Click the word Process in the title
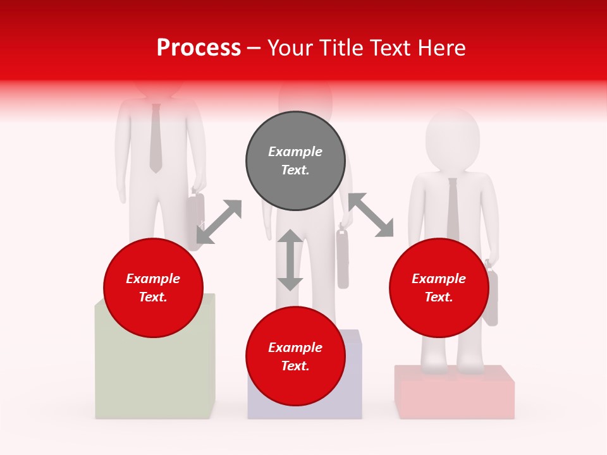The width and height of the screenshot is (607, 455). coord(199,48)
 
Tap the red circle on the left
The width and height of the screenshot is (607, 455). coord(153,288)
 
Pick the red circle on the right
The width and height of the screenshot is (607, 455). coord(439,288)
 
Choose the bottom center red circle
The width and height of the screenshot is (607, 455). coord(295,356)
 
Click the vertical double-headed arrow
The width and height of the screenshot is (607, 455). coord(290,260)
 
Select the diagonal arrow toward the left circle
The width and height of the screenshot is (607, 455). coord(219,222)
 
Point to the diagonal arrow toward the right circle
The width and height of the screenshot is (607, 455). coord(371,215)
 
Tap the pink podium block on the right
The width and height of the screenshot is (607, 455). coord(454,393)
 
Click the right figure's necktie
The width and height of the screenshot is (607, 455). coord(453,209)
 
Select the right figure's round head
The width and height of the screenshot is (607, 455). coord(451,140)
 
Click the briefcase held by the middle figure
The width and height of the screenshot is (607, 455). coord(343,259)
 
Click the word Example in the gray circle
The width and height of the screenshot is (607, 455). coord(295,152)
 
